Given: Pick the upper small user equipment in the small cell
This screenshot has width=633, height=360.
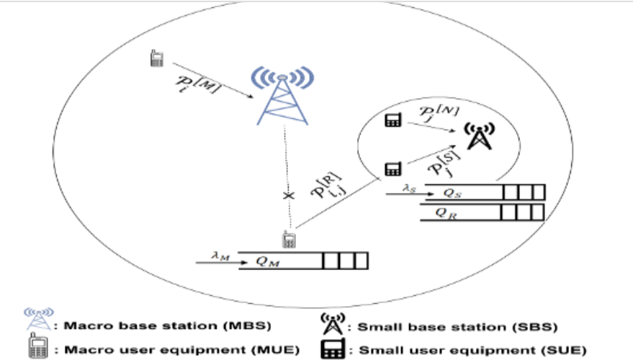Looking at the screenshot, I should coord(392,120).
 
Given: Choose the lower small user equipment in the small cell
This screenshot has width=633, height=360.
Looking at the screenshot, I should coord(392,169).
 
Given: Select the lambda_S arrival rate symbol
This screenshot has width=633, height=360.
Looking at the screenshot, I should coord(410,188).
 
